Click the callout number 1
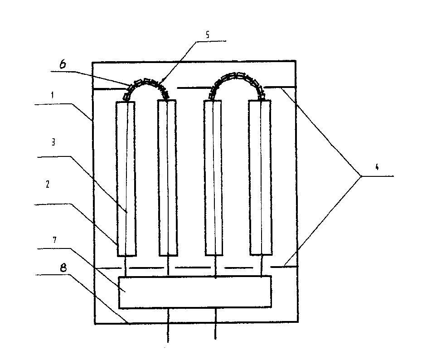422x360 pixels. pyautogui.click(x=53, y=95)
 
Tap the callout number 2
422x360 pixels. pyautogui.click(x=48, y=184)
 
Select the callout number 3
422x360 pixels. pyautogui.click(x=53, y=142)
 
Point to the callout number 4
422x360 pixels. pyautogui.click(x=377, y=167)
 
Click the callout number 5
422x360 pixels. pyautogui.click(x=207, y=35)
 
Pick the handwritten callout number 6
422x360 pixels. pyautogui.click(x=63, y=64)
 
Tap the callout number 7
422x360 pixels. pyautogui.click(x=55, y=240)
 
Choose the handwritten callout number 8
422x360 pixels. pyautogui.click(x=63, y=268)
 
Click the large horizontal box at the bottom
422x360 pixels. pyautogui.click(x=195, y=292)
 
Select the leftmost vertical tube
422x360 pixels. pyautogui.click(x=126, y=179)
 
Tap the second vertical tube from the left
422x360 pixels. pyautogui.click(x=167, y=178)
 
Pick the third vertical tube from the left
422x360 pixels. pyautogui.click(x=213, y=178)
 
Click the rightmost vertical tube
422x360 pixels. pyautogui.click(x=260, y=177)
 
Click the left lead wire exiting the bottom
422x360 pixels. pyautogui.click(x=168, y=325)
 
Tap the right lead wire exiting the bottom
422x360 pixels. pyautogui.click(x=215, y=323)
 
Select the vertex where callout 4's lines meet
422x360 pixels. pyautogui.click(x=361, y=176)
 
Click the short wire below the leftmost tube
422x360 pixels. pyautogui.click(x=126, y=266)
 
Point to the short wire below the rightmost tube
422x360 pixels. pyautogui.click(x=262, y=266)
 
